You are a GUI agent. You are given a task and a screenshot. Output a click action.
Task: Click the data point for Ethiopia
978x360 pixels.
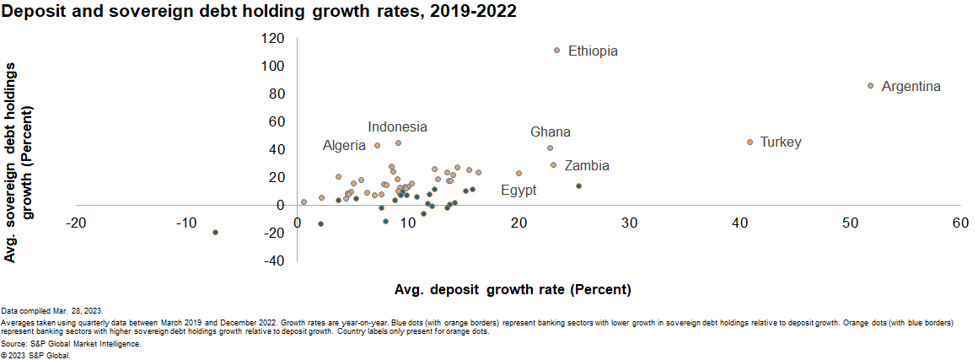coord(556,50)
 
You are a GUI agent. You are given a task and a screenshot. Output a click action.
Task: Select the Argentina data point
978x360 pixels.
coord(870,85)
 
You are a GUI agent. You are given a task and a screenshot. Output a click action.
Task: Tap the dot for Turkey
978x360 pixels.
coord(750,142)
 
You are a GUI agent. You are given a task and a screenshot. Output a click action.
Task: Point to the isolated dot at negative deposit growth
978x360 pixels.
coord(215,232)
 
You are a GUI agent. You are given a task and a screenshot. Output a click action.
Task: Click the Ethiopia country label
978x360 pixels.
coord(593,51)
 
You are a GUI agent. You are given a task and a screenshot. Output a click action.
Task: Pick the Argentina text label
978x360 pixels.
coord(911,86)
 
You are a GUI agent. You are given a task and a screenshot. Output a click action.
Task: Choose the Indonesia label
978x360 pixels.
coord(397,126)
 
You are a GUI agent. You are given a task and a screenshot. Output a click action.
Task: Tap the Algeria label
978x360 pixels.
coord(344,146)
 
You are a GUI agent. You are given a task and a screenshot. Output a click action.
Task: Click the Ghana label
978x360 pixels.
coord(550,132)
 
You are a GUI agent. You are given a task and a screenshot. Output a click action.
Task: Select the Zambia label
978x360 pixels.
coord(587,165)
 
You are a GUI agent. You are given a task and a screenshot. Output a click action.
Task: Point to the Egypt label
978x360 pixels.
coord(519,191)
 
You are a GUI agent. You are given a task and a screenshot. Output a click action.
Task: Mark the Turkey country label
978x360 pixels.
coord(780,142)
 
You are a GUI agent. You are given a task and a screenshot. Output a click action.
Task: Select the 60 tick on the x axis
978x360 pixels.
coord(960,223)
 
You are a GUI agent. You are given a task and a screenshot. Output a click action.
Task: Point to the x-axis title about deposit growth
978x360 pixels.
coord(513,289)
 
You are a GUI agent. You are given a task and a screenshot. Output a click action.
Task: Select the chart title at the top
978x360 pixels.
coord(260,11)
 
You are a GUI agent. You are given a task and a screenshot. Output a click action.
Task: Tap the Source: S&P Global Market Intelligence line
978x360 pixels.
coord(71,343)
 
